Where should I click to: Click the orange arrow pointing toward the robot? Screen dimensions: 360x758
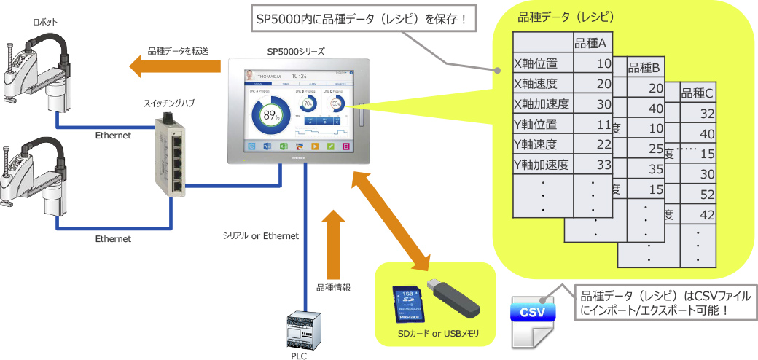point(176,67)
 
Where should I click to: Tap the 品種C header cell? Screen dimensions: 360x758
point(697,93)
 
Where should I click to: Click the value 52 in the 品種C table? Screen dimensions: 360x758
point(706,195)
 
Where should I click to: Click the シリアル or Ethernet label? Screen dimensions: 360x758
point(262,235)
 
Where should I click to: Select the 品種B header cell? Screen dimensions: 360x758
point(644,68)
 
